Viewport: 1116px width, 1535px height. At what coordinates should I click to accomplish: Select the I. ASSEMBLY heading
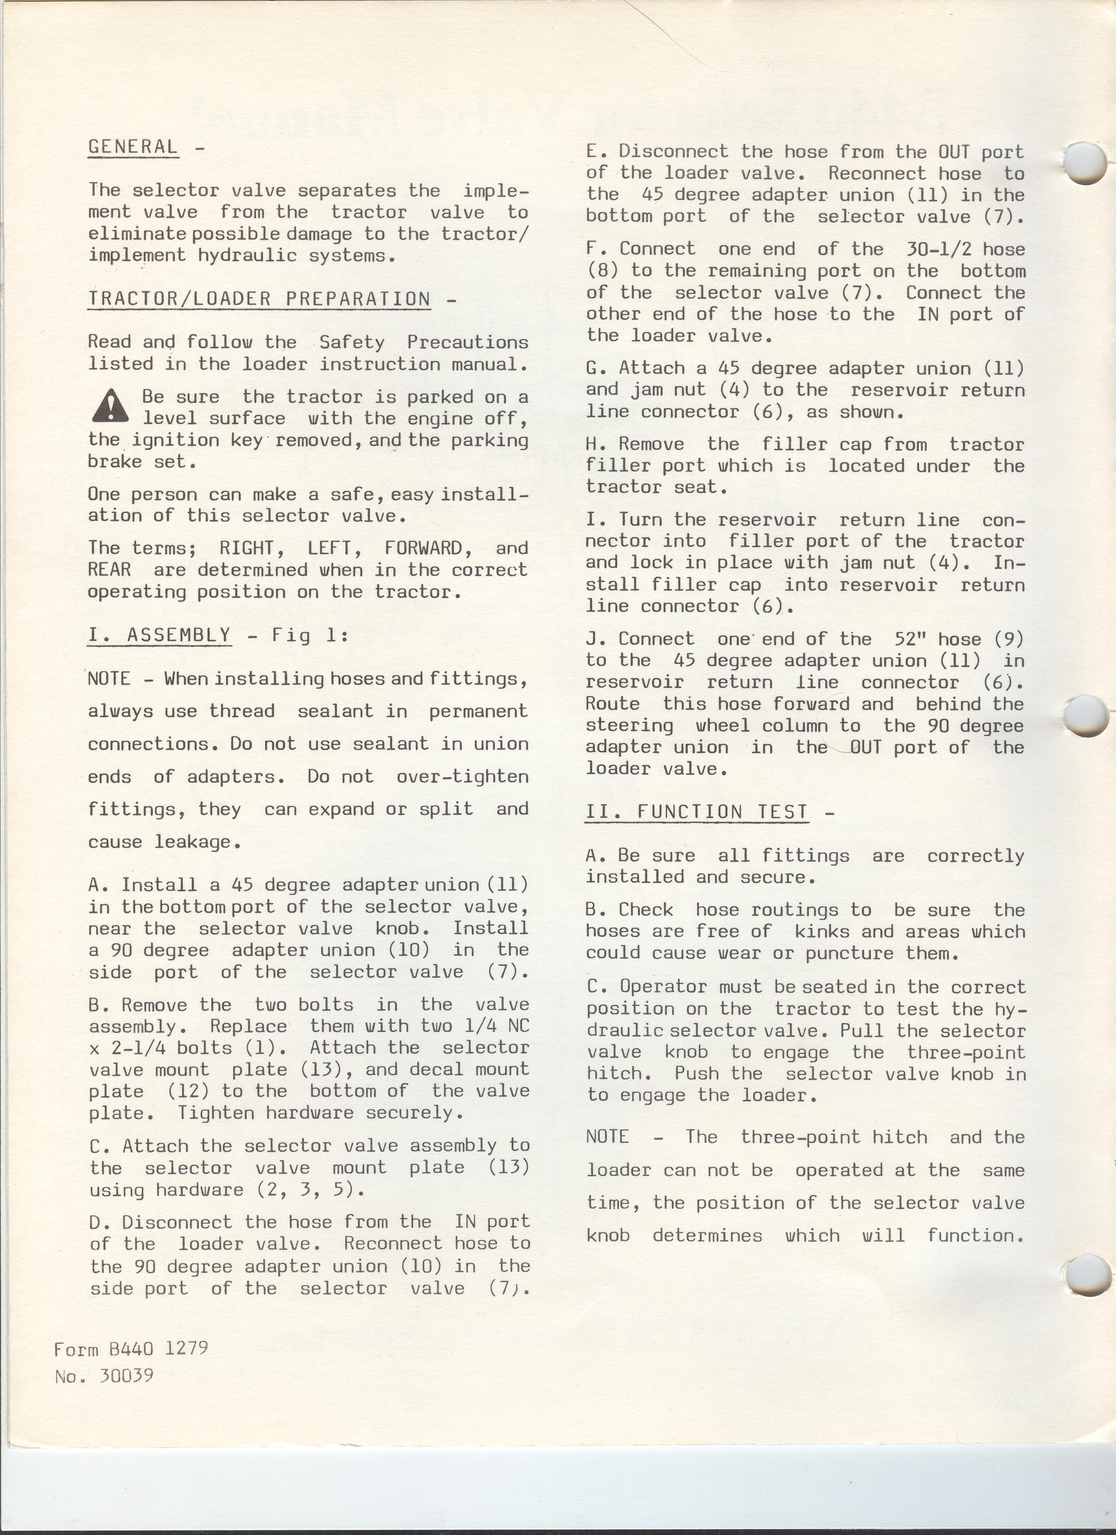click(x=159, y=635)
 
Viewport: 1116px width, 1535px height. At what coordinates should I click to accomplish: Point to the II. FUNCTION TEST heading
click(x=696, y=812)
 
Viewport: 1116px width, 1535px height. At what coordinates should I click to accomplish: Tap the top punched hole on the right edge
click(x=1085, y=163)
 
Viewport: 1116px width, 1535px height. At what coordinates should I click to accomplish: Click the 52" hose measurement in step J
click(x=907, y=639)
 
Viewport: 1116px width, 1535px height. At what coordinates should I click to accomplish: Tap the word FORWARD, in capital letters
click(x=423, y=548)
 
